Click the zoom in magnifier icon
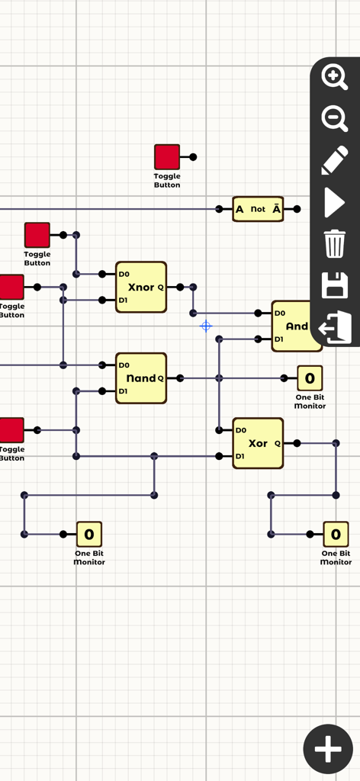[334, 76]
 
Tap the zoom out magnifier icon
[334, 118]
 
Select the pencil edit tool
[334, 161]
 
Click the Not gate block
[258, 209]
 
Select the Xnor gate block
[141, 287]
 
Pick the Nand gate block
[141, 378]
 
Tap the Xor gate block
[258, 443]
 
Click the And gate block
[297, 326]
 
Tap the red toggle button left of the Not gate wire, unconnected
[167, 156]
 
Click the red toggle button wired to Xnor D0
[37, 235]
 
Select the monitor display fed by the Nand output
[309, 378]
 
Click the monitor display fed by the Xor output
[336, 534]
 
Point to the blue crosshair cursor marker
[206, 326]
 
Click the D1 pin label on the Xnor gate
[124, 301]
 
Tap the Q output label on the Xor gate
[277, 443]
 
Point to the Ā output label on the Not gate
[275, 209]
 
